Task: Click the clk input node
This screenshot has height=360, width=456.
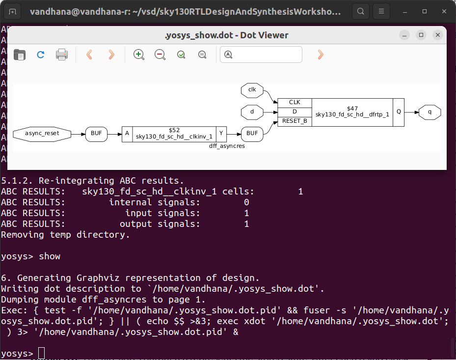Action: pos(252,90)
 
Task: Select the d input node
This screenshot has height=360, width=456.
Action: pos(252,112)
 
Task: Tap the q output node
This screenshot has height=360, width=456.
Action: pos(430,112)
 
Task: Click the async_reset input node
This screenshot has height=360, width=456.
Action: pos(42,134)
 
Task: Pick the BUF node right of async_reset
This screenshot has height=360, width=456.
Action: pos(96,134)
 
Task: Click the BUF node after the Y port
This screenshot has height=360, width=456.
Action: pos(252,134)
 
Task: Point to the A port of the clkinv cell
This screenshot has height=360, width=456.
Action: pos(127,134)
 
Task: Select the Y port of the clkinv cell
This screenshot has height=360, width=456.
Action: pos(221,134)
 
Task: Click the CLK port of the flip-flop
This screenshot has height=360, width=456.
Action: pos(295,102)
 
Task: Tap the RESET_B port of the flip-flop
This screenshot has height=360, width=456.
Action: pos(295,121)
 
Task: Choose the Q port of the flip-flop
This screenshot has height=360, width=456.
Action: pos(399,112)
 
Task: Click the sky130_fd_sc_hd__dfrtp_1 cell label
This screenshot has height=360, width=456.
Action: pos(352,115)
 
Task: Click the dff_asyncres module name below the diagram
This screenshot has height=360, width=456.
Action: pos(227,146)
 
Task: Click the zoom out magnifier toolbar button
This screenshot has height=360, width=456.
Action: pos(160,55)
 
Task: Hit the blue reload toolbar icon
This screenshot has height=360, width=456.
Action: pos(41,55)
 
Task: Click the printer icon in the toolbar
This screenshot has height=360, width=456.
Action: pos(62,55)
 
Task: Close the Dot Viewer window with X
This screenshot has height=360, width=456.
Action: pos(438,35)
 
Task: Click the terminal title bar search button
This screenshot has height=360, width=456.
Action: pos(361,11)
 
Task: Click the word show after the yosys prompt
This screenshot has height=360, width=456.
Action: pos(50,256)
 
